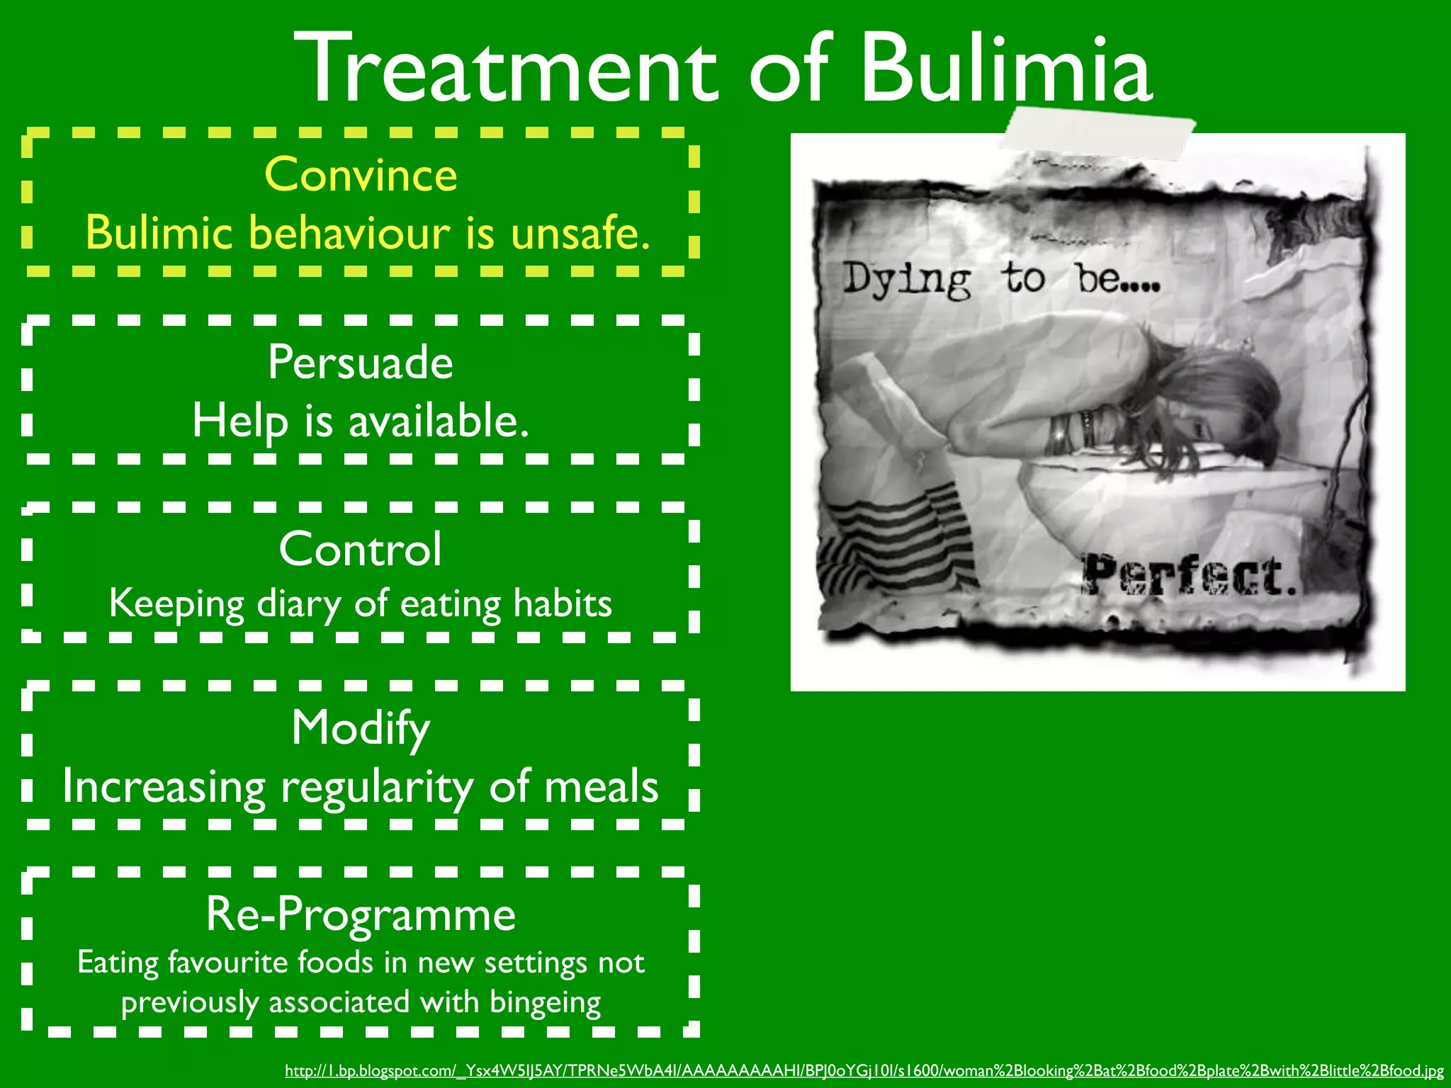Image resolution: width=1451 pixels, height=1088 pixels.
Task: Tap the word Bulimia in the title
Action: click(1006, 69)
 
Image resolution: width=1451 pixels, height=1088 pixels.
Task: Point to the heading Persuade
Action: click(361, 363)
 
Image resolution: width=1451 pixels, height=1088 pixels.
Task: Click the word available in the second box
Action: click(439, 421)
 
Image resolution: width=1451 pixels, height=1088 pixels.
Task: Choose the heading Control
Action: click(361, 549)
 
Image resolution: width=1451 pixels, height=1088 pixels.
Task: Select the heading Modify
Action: click(361, 728)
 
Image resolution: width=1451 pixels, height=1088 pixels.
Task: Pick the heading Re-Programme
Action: click(361, 914)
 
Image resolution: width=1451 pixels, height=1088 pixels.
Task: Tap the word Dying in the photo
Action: click(907, 279)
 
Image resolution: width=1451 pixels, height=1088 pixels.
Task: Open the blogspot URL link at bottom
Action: click(864, 1071)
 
